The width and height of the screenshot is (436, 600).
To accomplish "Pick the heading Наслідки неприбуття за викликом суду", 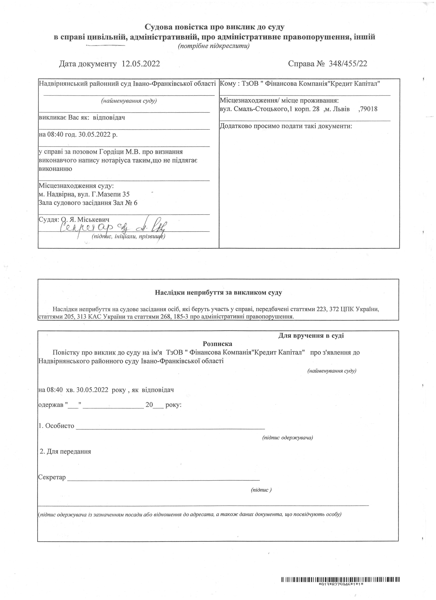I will click(218, 293).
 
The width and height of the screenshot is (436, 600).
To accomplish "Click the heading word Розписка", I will click(217, 344).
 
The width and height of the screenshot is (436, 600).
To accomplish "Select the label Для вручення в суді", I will click(311, 336).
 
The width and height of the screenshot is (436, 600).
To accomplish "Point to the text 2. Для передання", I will click(65, 452).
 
